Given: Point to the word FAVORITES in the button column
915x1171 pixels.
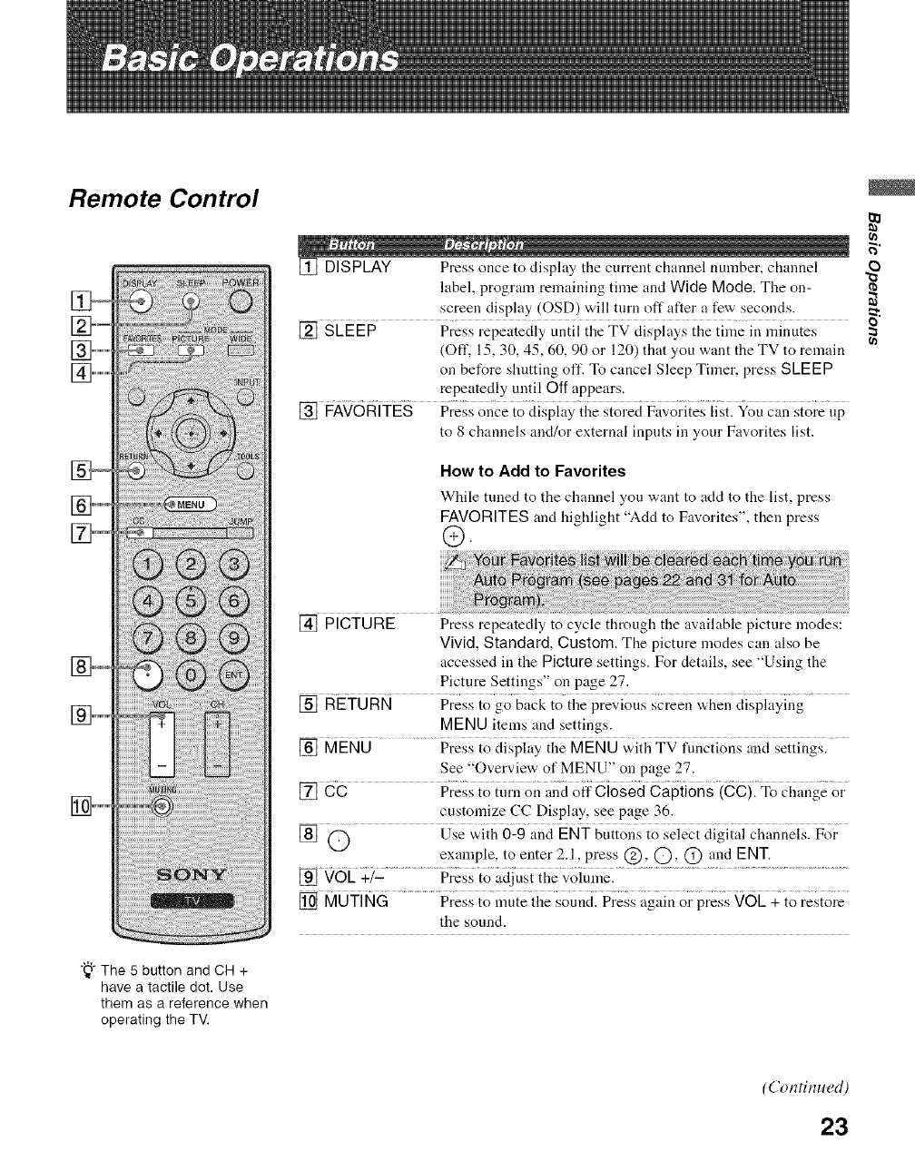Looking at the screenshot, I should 369,411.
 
